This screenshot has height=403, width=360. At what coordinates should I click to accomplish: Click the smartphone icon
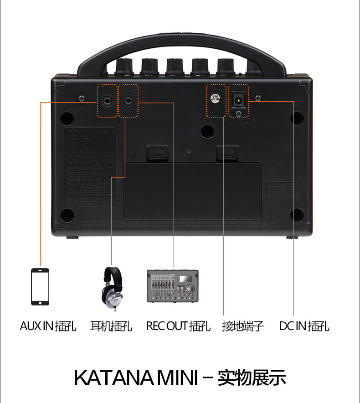40,286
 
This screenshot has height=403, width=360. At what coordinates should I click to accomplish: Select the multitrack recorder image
173,286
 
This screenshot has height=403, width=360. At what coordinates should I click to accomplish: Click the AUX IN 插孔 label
48,326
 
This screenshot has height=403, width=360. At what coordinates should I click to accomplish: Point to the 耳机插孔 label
112,326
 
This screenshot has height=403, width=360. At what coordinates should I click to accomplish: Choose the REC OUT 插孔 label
178,326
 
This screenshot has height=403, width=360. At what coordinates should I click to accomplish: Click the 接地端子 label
243,326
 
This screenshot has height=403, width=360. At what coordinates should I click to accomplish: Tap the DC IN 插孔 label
304,326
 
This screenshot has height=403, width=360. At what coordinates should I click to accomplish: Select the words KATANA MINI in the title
135,378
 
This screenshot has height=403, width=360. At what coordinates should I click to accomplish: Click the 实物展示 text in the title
252,378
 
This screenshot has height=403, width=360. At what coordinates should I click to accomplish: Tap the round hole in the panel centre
207,131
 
